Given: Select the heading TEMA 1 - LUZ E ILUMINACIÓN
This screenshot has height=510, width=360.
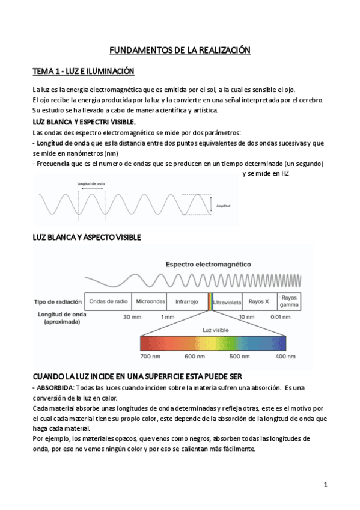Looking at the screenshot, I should [x=83, y=72].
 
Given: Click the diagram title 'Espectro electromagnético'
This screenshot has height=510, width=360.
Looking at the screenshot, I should [x=209, y=264].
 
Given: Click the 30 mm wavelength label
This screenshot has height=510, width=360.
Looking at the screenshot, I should [x=132, y=316].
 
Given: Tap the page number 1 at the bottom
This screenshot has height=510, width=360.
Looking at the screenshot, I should [x=326, y=484].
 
